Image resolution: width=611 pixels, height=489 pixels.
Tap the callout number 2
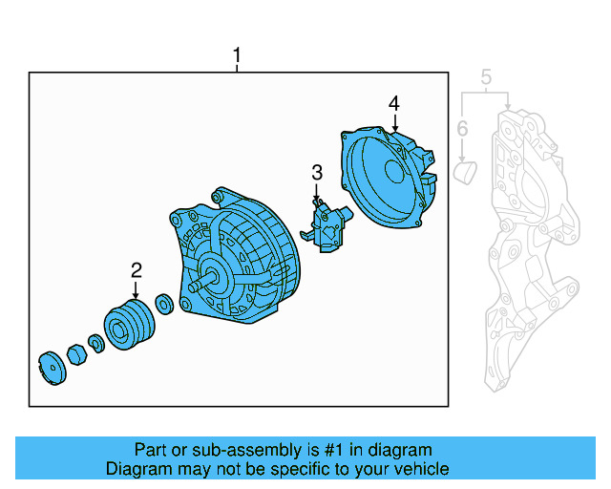tap(137, 270)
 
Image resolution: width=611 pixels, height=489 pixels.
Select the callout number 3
tap(317, 173)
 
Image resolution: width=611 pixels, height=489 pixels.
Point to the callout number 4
tap(393, 103)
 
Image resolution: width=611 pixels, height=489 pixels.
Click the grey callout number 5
tap(485, 76)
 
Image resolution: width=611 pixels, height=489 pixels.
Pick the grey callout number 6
tap(462, 128)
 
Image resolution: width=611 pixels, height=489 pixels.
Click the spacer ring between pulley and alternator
tap(163, 306)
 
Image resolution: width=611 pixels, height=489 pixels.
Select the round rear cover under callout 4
tap(386, 177)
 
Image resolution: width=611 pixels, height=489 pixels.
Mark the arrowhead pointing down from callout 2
tap(137, 295)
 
